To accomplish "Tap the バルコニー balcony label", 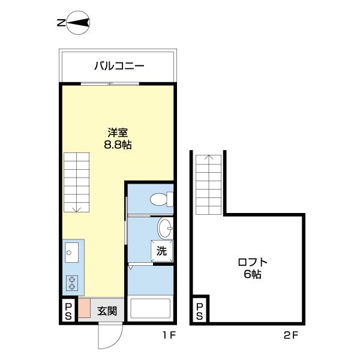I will tap(118, 67).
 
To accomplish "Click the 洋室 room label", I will tap(117, 133).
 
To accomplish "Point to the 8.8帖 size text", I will tap(118, 145).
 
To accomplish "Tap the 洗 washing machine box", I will tap(161, 251).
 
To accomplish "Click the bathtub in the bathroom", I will tap(151, 310).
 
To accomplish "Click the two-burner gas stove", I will tap(72, 282).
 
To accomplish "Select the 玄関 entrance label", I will tap(107, 311).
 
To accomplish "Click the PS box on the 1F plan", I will tap(68, 311).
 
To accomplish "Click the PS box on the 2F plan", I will tap(199, 311).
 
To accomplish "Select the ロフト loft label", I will tap(252, 262).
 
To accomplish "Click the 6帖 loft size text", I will tap(252, 275).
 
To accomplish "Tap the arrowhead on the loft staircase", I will tap(208, 158).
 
